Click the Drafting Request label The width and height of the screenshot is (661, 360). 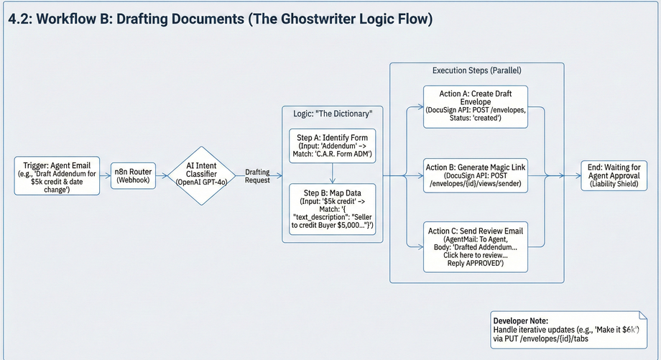pyautogui.click(x=257, y=176)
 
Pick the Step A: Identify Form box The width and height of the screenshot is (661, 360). pyautogui.click(x=332, y=146)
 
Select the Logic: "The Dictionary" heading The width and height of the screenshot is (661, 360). pyautogui.click(x=332, y=115)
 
